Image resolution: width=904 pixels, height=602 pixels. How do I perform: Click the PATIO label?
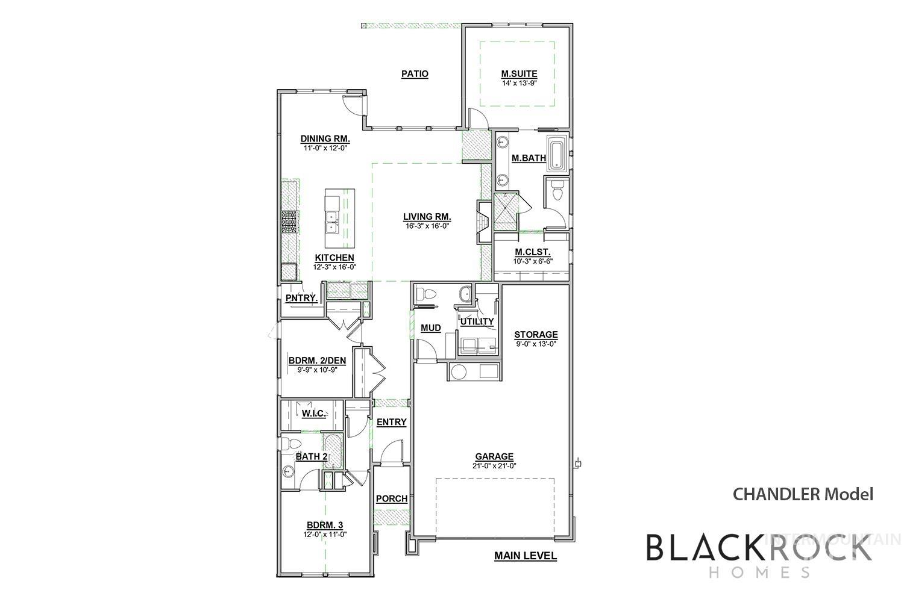pos(415,74)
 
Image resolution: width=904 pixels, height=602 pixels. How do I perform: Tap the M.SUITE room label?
pos(519,74)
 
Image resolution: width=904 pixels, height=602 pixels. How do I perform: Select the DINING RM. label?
pos(325,138)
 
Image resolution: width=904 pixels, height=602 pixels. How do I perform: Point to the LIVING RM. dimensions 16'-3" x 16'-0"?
pos(427,226)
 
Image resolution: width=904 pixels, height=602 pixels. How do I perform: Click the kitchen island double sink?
pos(331,223)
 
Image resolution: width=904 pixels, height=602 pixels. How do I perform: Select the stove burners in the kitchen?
pos(289,222)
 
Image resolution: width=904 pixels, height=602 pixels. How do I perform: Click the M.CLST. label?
pos(532,252)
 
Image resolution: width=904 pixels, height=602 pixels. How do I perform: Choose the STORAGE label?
pos(536,335)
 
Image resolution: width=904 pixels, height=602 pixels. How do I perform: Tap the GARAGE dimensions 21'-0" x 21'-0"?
pos(494,466)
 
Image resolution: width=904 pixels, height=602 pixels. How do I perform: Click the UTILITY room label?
pos(477,321)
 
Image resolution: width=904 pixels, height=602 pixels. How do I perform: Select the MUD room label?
pos(431,328)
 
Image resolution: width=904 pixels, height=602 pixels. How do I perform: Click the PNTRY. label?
pos(301,298)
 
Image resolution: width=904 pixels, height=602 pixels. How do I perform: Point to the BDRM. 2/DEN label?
pos(317,361)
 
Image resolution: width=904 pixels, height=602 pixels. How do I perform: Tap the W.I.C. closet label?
pos(313,414)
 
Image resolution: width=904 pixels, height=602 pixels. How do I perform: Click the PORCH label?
pos(392,499)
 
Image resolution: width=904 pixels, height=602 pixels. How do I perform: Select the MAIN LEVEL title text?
pos(526,556)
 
